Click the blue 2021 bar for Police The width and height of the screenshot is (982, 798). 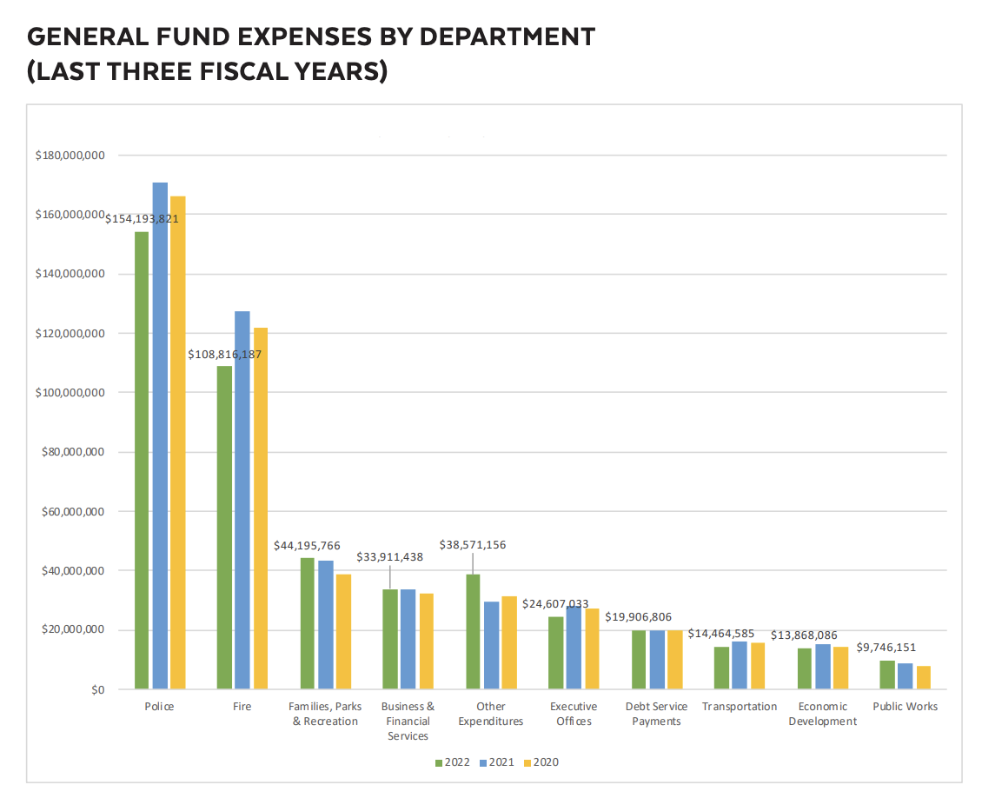click(x=160, y=436)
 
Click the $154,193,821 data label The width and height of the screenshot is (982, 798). click(x=142, y=219)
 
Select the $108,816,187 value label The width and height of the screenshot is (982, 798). click(x=225, y=355)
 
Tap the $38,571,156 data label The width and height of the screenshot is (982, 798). click(x=474, y=545)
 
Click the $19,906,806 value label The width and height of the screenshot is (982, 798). click(x=639, y=617)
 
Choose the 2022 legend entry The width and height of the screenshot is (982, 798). click(x=452, y=762)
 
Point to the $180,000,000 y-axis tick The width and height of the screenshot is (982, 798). click(x=70, y=156)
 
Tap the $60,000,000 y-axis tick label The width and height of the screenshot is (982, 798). click(x=73, y=512)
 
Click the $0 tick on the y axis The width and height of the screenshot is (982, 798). click(x=96, y=690)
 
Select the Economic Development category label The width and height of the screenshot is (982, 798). click(x=822, y=714)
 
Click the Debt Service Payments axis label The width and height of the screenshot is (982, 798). click(x=656, y=714)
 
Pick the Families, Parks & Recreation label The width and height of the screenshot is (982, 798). click(x=325, y=714)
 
